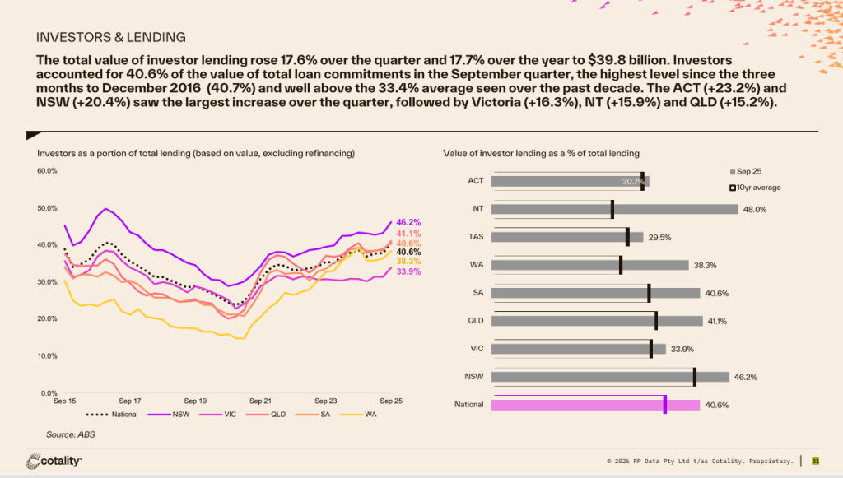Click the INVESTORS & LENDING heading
[x=111, y=37]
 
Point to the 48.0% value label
[x=755, y=209]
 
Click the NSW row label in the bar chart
[x=475, y=377]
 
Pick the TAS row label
[x=476, y=237]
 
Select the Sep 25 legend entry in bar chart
[x=748, y=171]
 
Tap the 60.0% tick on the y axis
[x=46, y=171]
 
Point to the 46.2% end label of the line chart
[x=408, y=222]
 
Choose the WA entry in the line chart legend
[x=366, y=414]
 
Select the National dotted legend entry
[x=112, y=414]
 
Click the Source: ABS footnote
[x=69, y=434]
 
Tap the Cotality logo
[x=54, y=461]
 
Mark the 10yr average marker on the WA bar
[x=621, y=265]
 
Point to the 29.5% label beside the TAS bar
[x=659, y=237]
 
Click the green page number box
[x=816, y=461]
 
